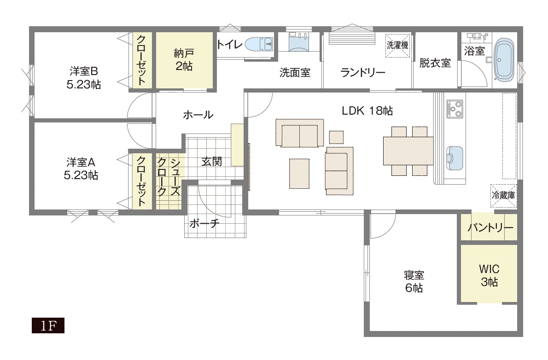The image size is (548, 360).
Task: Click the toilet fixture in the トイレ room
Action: [x=259, y=45]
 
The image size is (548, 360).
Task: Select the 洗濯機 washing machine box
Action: [x=397, y=45]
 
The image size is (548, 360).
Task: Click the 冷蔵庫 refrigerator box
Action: [x=503, y=195]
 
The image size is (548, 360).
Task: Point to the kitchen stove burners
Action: [x=455, y=110]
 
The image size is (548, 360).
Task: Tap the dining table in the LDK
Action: [x=408, y=151]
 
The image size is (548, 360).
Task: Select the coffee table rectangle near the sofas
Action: [x=299, y=174]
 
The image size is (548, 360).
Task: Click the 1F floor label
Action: [x=48, y=326]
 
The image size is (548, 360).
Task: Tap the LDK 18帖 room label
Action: [x=367, y=111]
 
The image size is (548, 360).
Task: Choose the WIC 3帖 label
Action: [x=489, y=275]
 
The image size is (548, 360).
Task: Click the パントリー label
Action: [x=490, y=228]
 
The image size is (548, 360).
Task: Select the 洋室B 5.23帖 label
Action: [x=84, y=78]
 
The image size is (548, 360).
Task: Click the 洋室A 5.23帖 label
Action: [x=82, y=168]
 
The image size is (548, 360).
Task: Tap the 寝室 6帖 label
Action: [x=414, y=282]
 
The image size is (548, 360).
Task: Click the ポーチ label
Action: [x=204, y=223]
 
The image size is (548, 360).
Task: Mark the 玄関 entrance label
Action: [x=211, y=162]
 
